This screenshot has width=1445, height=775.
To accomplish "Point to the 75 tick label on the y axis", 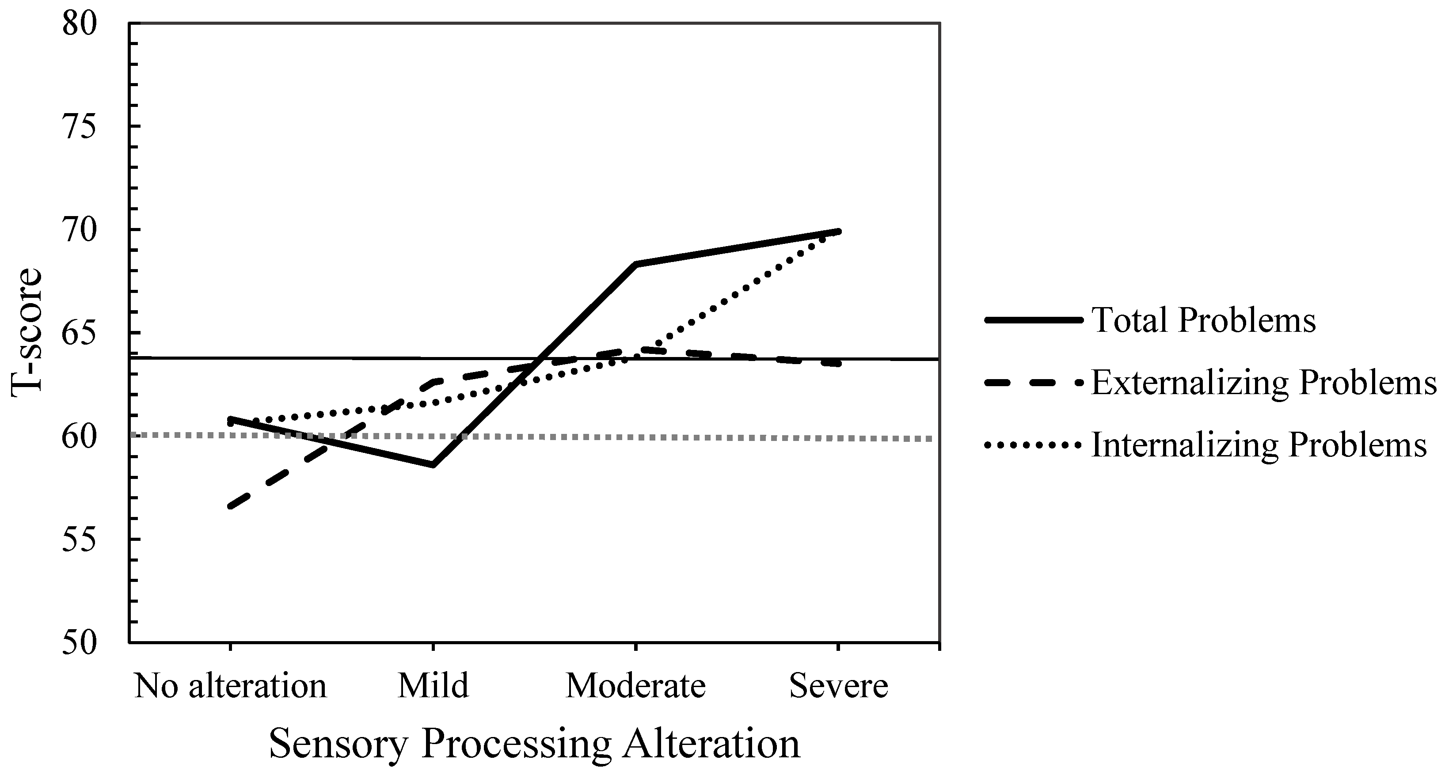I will tap(80, 127).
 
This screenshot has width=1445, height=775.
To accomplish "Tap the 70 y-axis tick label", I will tap(80, 230).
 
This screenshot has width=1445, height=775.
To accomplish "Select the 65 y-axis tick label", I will tap(80, 333).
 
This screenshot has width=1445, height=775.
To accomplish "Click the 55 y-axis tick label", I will tap(80, 539).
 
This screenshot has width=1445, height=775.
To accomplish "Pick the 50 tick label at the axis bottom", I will tap(80, 642).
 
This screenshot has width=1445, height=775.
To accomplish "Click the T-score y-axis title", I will tap(27, 333).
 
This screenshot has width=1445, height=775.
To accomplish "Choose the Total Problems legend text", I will tap(1204, 321).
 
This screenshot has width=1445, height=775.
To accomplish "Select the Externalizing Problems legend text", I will tap(1264, 384).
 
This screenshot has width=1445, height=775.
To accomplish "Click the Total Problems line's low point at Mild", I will tap(433, 464).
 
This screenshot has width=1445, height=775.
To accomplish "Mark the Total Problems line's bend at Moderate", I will tap(635, 264).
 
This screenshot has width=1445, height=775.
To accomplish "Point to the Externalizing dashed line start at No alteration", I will tap(230, 507).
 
